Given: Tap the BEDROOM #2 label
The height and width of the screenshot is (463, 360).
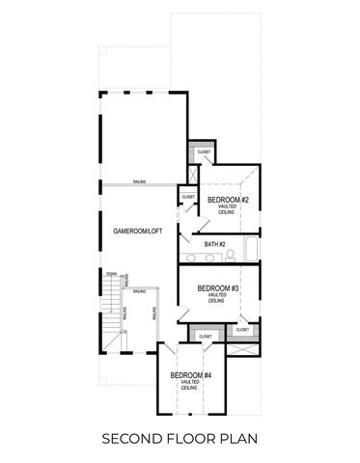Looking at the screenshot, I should pyautogui.click(x=229, y=200).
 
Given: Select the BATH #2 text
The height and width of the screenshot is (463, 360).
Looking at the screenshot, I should pyautogui.click(x=214, y=245).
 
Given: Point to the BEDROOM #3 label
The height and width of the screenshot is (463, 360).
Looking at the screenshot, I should pyautogui.click(x=218, y=288).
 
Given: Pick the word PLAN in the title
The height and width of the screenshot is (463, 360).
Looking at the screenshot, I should pyautogui.click(x=237, y=440).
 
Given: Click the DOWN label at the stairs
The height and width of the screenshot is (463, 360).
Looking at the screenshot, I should pyautogui.click(x=111, y=274).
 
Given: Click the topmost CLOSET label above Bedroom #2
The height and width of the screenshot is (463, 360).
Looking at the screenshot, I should pyautogui.click(x=204, y=152).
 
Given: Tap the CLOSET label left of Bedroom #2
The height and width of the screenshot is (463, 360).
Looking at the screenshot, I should pyautogui.click(x=188, y=197).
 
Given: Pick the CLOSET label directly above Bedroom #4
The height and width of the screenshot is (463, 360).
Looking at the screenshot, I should pyautogui.click(x=205, y=337).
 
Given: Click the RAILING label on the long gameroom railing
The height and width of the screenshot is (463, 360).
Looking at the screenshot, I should pyautogui.click(x=141, y=181).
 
